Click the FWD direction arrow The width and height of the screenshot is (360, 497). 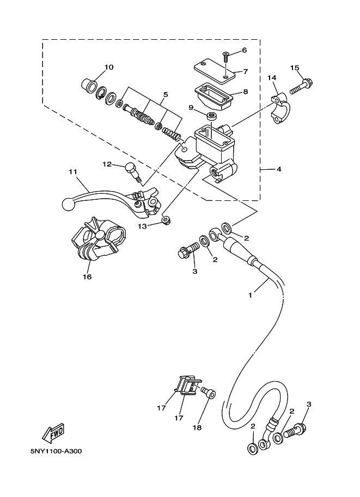pos(53,433)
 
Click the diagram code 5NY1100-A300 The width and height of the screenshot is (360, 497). pos(56,451)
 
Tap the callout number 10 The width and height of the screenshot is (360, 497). pos(109,67)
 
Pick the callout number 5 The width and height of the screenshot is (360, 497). pos(166,95)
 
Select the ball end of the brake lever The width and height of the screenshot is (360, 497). pos(68,204)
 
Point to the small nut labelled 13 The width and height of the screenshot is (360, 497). pos(165,220)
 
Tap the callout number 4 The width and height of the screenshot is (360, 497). pos(279,169)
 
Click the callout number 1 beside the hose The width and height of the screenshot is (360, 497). pos(250,296)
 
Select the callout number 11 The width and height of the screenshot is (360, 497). pos(74,172)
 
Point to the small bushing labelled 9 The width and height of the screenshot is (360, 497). pos(211,116)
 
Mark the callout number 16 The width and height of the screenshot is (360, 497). pos(87,277)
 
